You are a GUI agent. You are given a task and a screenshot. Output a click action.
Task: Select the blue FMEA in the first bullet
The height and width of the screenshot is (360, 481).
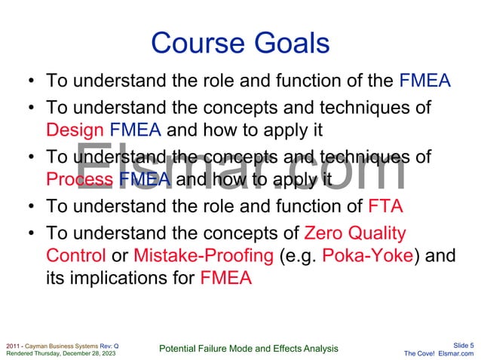(x=425, y=80)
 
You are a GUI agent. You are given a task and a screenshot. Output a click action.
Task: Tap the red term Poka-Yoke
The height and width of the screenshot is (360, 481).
(x=367, y=255)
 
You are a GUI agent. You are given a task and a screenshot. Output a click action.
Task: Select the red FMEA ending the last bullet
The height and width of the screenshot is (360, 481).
(x=226, y=279)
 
